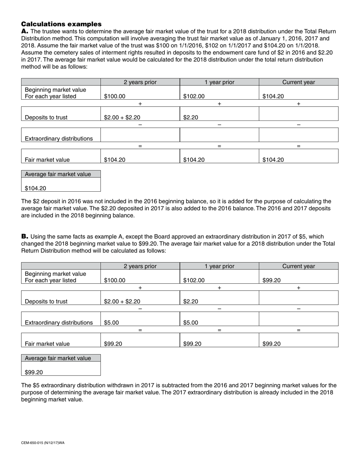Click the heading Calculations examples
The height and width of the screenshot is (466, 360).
pyautogui.click(x=61, y=24)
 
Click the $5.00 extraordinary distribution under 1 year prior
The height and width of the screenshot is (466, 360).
pyautogui.click(x=191, y=323)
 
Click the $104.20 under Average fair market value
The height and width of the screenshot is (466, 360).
pyautogui.click(x=36, y=188)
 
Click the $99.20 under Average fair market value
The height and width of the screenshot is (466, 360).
pyautogui.click(x=34, y=372)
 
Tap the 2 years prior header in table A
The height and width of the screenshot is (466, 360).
pyautogui.click(x=140, y=82)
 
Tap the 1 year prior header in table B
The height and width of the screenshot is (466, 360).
pyautogui.click(x=219, y=266)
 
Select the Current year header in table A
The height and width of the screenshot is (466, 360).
pyautogui.click(x=299, y=82)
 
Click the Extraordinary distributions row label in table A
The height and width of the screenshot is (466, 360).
pyautogui.click(x=59, y=139)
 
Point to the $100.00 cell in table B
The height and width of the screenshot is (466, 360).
pyautogui.click(x=114, y=281)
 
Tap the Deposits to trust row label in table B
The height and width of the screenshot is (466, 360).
pyautogui.click(x=46, y=302)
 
